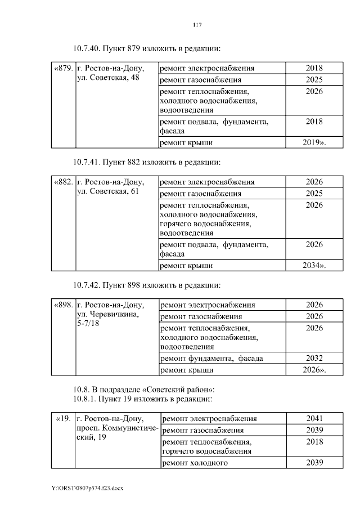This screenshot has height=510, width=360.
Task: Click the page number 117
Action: coord(196,24)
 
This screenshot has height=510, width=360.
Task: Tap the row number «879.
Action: coord(63,68)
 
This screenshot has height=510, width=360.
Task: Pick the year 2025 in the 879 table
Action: coord(314,79)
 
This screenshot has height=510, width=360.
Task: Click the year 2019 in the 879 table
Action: coord(314,142)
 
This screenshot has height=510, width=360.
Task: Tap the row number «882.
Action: coord(63,182)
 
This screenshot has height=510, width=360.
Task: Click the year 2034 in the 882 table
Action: coord(314,265)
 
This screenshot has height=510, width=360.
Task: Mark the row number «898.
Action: coord(64,305)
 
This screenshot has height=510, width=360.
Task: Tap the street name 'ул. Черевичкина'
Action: coord(107,315)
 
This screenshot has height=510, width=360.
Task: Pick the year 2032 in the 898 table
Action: coord(314,358)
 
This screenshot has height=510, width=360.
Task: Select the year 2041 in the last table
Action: coord(314,419)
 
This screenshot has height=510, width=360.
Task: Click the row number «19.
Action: coord(64,419)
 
